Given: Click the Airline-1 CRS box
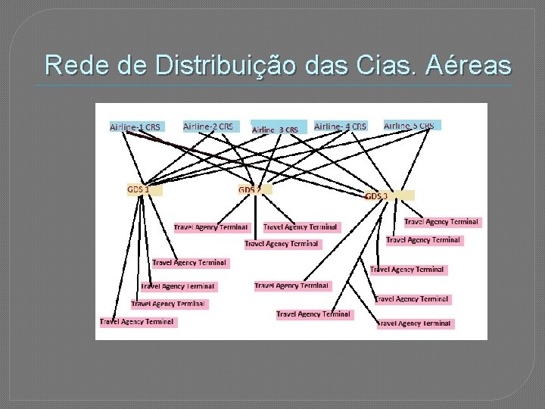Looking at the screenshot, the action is pos(135,127).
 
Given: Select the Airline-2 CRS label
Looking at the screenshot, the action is pos(209,126).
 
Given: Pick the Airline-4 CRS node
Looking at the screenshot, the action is pos(341,126).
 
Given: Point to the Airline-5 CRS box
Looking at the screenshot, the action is pos(411,125).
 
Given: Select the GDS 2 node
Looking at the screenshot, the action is pos(254,189).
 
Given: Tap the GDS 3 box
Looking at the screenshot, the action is pos(389,195).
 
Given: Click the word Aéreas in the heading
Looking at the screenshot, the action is pos(469,66).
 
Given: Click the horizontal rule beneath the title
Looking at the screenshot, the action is pos(272,85).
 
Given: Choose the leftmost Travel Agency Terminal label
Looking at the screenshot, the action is pos(137,322).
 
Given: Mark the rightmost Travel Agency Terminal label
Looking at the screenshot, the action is pos(441,222).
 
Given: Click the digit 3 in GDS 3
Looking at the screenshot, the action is pos(385,196).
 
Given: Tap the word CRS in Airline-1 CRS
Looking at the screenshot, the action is pos(152,127).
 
